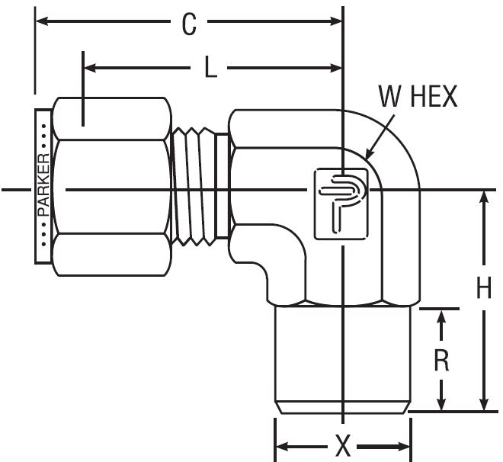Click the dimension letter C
coord(189,24)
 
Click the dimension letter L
coord(210,67)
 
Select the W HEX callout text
coord(418,96)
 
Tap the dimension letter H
coord(484,287)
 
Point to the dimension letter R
coord(441,360)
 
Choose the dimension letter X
coord(343,446)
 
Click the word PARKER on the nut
coord(43,185)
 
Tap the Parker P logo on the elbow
coord(341,204)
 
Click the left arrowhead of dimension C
coord(42,21)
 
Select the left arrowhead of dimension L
coord(90,68)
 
